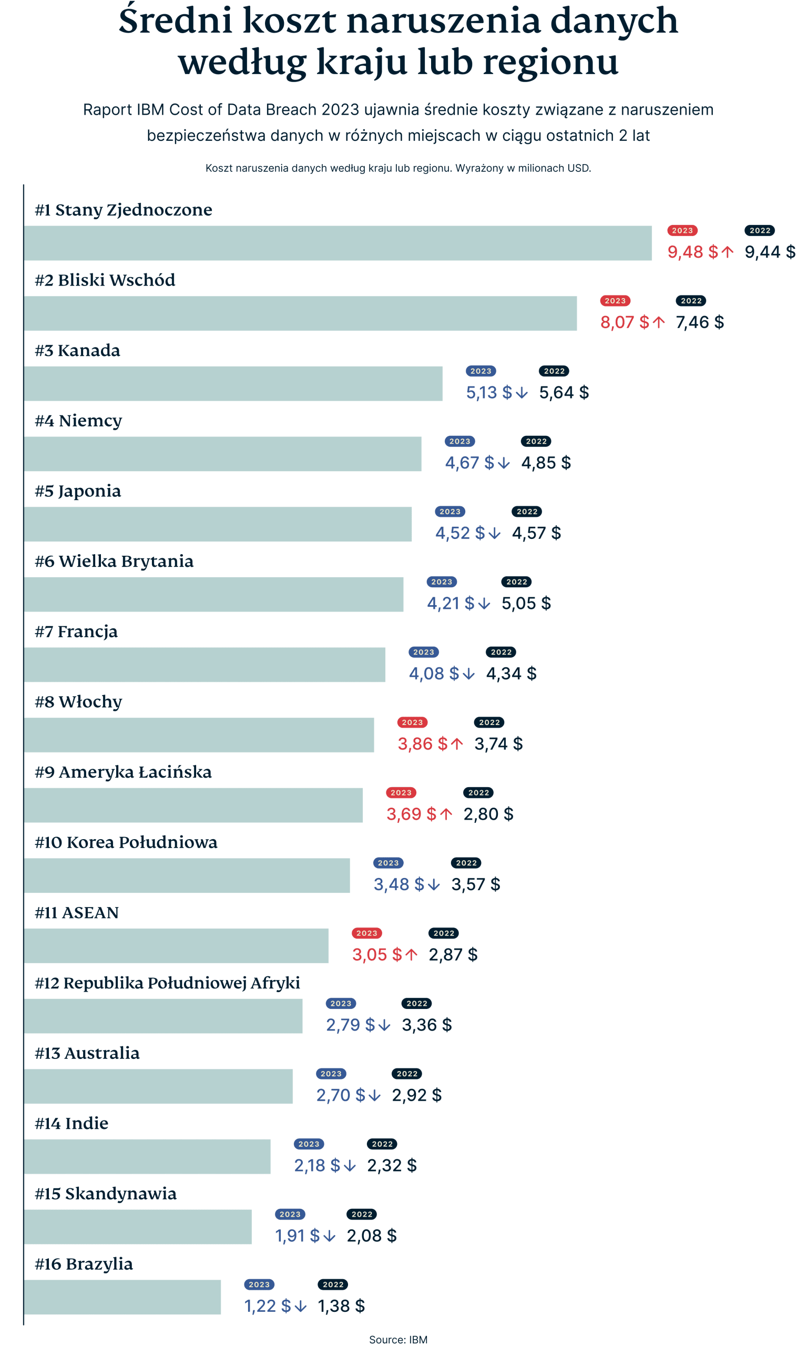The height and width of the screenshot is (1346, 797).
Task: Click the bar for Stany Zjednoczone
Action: point(338,243)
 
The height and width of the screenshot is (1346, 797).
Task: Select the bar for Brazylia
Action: point(122,1297)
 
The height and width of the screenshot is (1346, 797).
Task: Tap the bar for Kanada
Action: point(233,383)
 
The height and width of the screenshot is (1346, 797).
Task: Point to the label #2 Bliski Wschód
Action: point(105,280)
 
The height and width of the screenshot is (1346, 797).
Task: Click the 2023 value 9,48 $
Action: point(692,251)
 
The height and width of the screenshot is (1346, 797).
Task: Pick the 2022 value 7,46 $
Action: point(699,322)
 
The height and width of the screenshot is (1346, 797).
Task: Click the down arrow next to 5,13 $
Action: point(521,393)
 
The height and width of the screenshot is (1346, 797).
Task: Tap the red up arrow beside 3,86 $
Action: point(456,744)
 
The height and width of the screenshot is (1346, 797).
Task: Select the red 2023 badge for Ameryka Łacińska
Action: point(401,793)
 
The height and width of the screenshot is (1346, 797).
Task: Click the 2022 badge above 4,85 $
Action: point(536,442)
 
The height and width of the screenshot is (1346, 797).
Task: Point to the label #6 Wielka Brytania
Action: point(114,562)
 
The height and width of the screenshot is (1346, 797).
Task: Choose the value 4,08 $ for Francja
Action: point(433,674)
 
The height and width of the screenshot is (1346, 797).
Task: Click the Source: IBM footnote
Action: point(398,1340)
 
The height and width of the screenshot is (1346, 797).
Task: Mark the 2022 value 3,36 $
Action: point(426,1025)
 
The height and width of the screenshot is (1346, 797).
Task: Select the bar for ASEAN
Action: point(176,945)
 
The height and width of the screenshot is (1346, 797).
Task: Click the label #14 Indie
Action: point(71,1124)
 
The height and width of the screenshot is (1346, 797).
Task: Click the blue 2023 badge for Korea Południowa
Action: point(388,863)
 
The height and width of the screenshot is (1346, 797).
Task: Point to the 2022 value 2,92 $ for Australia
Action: point(416,1095)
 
